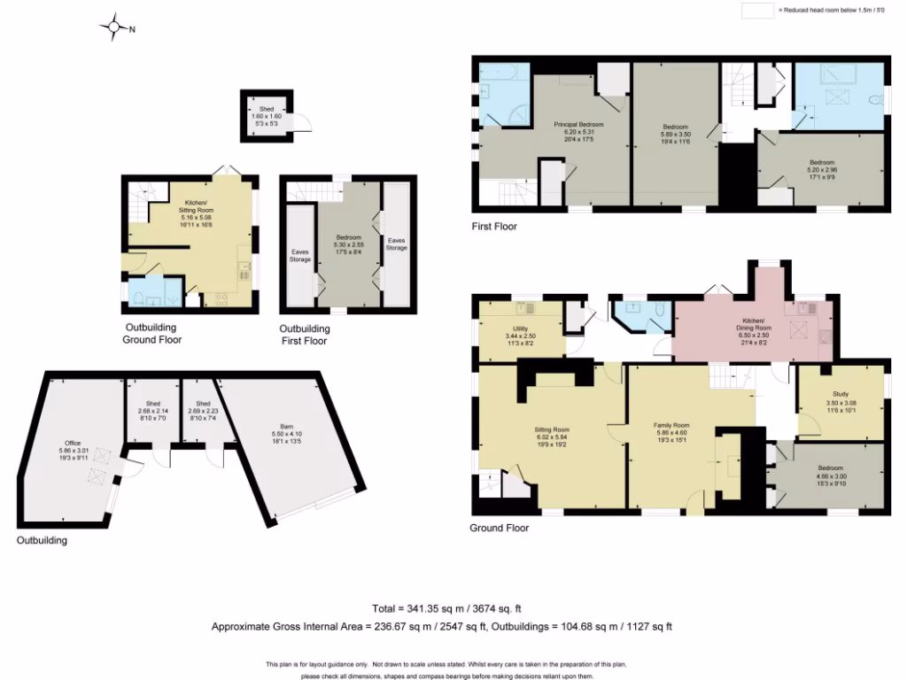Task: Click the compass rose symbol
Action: pyautogui.click(x=114, y=27)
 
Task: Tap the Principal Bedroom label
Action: pyautogui.click(x=579, y=132)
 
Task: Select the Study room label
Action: pyautogui.click(x=841, y=401)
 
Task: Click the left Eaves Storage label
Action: pyautogui.click(x=300, y=255)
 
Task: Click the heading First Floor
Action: pyautogui.click(x=494, y=227)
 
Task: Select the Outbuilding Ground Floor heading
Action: pyautogui.click(x=152, y=334)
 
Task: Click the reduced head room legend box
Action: pyautogui.click(x=757, y=11)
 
